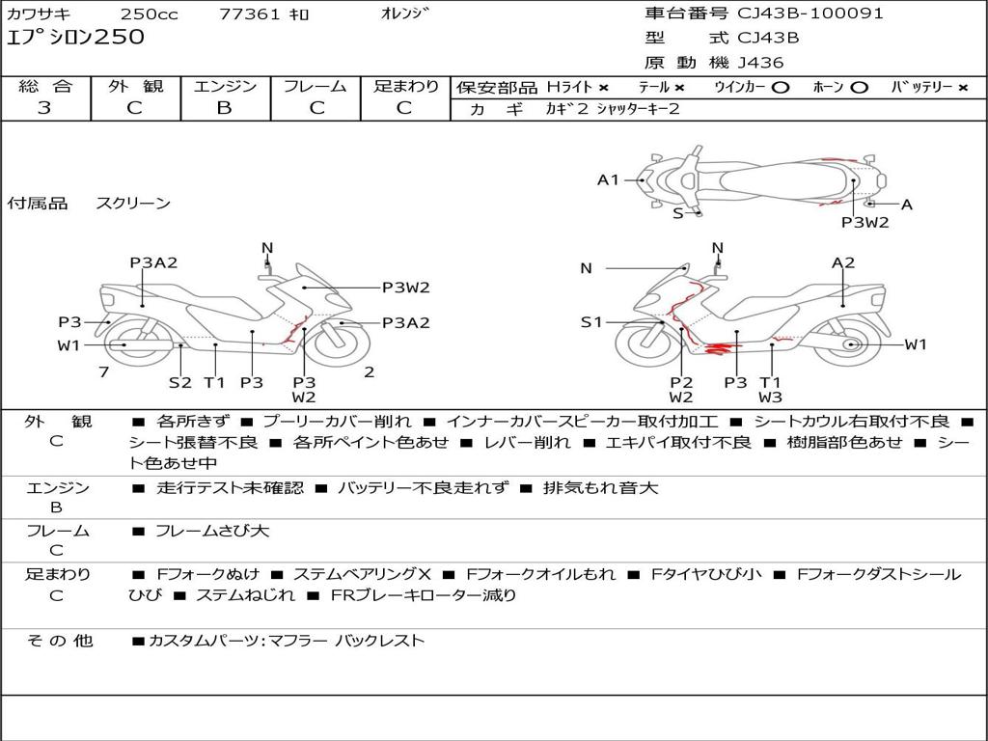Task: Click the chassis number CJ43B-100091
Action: pos(810,14)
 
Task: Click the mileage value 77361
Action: pos(250,14)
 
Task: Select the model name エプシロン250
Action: pos(75,38)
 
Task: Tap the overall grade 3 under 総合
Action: pos(44,107)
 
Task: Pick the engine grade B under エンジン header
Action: pos(224,107)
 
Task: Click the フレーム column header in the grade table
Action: pos(315,86)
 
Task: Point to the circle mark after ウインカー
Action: pos(781,87)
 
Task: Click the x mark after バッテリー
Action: pos(962,87)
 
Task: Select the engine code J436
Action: pos(761,63)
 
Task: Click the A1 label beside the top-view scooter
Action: pos(608,178)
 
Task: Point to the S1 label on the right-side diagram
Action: pos(590,322)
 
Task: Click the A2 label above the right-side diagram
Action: pos(843,262)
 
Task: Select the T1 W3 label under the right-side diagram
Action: pos(770,390)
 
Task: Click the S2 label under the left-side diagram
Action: pos(180,382)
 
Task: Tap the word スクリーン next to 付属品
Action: pos(133,203)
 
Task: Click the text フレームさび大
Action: pos(212,531)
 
